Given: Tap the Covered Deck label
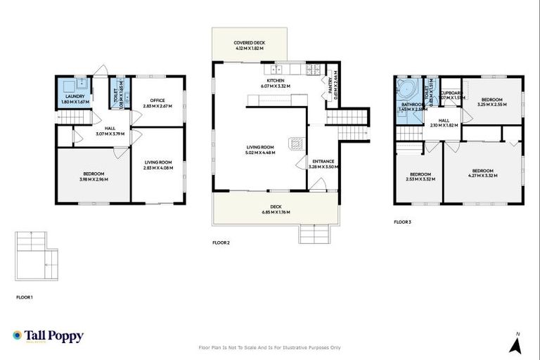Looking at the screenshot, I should [x=249, y=45].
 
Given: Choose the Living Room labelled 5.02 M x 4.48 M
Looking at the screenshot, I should [x=260, y=150].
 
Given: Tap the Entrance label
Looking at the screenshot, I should [x=323, y=164].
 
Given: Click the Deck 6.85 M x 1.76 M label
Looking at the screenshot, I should [x=275, y=208].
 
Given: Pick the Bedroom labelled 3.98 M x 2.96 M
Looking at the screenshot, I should [x=94, y=176].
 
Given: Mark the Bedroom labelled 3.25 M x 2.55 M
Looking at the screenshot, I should [x=491, y=101].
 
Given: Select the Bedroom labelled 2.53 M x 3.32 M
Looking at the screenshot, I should [x=420, y=176].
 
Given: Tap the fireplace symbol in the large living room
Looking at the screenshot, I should [x=298, y=143].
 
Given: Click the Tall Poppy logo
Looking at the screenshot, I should [x=48, y=336].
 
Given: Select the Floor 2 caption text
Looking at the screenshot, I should [x=221, y=243].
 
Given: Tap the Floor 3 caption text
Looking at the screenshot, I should [x=403, y=221].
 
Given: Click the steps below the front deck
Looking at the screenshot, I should [x=314, y=233].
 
